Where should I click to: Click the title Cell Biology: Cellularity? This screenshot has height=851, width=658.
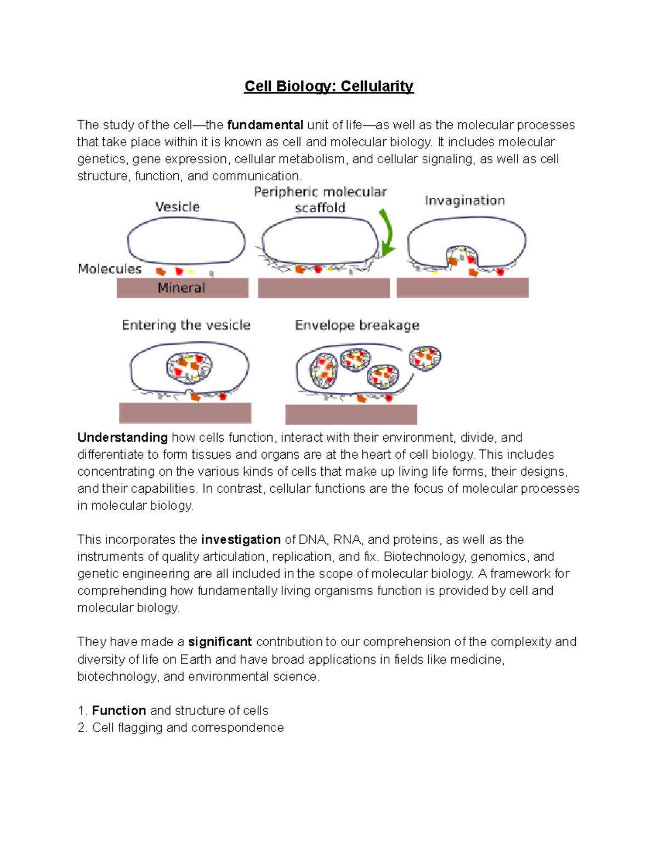(328, 87)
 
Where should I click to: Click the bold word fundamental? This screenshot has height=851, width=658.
(265, 125)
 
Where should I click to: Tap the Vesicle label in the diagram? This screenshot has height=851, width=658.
(177, 207)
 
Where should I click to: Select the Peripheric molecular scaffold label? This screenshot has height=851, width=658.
(320, 199)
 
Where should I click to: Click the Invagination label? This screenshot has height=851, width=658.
(464, 201)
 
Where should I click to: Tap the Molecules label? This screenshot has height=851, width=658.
(110, 269)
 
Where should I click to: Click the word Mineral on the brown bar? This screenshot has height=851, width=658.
(181, 288)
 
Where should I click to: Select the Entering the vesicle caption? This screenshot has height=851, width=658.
(186, 325)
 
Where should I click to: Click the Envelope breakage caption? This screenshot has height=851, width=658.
(357, 325)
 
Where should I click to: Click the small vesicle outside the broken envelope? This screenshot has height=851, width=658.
(425, 358)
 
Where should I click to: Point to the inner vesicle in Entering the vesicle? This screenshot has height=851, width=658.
(189, 367)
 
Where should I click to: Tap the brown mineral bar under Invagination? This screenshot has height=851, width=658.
(462, 288)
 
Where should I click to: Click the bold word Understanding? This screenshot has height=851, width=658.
(122, 438)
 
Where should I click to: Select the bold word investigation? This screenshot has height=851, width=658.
(241, 540)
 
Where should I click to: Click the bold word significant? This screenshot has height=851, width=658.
(220, 642)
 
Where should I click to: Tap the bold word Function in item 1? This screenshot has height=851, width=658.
(119, 711)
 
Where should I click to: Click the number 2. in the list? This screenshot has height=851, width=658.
(82, 728)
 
